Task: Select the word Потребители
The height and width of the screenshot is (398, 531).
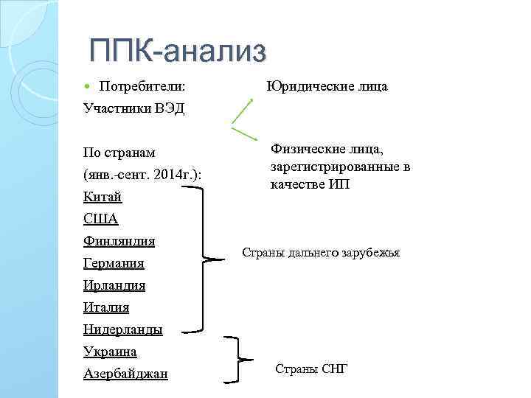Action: pyautogui.click(x=142, y=87)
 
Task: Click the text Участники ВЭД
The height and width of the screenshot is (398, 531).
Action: pyautogui.click(x=134, y=109)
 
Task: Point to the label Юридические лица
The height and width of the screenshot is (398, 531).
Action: pyautogui.click(x=327, y=87)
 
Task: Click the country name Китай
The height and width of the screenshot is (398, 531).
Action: pyautogui.click(x=103, y=197)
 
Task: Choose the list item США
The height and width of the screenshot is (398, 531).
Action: pyautogui.click(x=101, y=219)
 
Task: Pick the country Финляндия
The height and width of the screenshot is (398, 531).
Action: pyautogui.click(x=119, y=241)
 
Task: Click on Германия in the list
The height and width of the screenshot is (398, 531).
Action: pyautogui.click(x=114, y=263)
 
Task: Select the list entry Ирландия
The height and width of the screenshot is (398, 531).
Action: pyautogui.click(x=114, y=285)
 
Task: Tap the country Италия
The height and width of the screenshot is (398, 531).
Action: pyautogui.click(x=107, y=307)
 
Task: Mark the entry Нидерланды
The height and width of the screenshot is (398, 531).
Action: pyautogui.click(x=123, y=329)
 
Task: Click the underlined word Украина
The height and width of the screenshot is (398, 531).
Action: pyautogui.click(x=111, y=352)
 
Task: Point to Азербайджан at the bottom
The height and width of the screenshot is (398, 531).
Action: pyautogui.click(x=125, y=374)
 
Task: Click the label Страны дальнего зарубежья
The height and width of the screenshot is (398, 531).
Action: pyautogui.click(x=321, y=252)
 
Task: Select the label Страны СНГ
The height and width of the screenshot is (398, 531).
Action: pyautogui.click(x=310, y=368)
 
